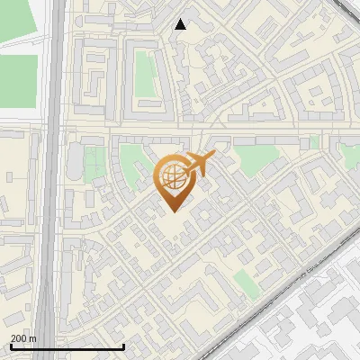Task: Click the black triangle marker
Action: [x=181, y=24]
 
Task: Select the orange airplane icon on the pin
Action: [x=200, y=163]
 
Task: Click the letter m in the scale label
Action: [x=34, y=338]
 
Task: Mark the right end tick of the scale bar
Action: [x=123, y=346]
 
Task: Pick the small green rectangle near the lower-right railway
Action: [x=246, y=283]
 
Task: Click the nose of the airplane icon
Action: [x=214, y=155]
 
